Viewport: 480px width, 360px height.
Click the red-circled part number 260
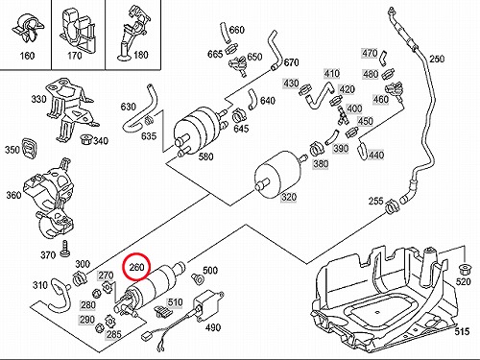coord(136,267)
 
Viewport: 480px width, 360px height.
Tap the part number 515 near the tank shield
coord(462,331)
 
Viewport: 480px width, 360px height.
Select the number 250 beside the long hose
coord(437,59)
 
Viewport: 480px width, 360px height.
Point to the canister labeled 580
coord(199,131)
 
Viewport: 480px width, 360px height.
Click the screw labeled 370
coord(65,249)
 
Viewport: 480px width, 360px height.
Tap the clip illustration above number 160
coord(28,28)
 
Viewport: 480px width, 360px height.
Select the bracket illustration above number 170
coord(77,28)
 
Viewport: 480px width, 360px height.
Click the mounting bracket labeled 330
coord(69,108)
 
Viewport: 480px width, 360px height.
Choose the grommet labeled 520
coord(464,270)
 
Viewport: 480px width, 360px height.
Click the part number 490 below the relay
coord(213,327)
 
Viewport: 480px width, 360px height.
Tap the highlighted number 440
coord(376,156)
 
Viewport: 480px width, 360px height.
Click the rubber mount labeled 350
coord(31,149)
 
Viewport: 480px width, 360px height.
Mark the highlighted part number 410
coord(331,74)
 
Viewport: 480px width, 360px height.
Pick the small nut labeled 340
coord(85,139)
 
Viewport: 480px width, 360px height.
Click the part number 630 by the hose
coord(129,107)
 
